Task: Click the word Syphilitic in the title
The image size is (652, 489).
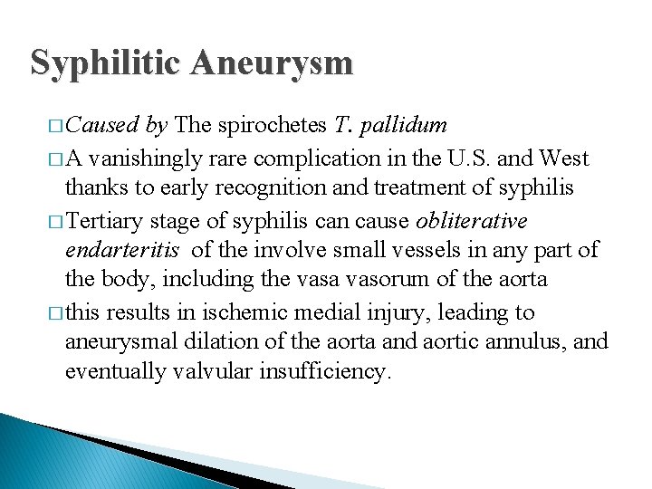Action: [107, 62]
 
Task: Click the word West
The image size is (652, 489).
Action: [564, 158]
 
